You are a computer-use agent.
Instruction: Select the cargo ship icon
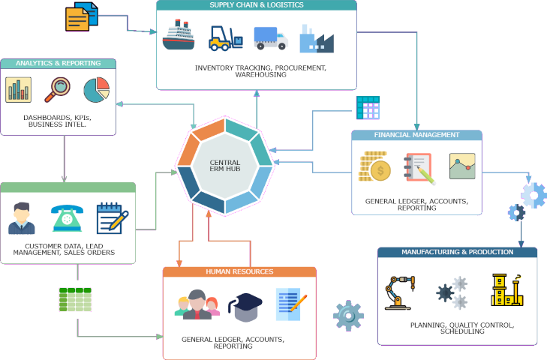click(x=179, y=36)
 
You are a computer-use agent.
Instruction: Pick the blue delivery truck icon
click(x=270, y=37)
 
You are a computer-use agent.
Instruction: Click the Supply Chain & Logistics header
click(x=257, y=5)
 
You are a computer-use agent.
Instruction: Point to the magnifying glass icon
click(x=57, y=89)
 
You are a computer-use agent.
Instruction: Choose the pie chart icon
click(x=96, y=90)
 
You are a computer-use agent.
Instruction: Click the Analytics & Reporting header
click(x=58, y=64)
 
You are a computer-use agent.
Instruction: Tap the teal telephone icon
click(x=66, y=218)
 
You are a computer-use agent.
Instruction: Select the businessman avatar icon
click(x=22, y=218)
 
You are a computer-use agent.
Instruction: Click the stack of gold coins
click(x=373, y=166)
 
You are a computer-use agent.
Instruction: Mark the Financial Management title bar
click(x=416, y=135)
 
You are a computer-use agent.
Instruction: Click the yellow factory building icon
click(x=506, y=290)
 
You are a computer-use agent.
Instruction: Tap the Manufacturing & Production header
click(x=457, y=252)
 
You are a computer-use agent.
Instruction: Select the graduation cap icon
click(x=245, y=305)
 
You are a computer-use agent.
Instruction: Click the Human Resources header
click(x=239, y=271)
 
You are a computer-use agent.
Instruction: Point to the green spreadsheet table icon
click(x=75, y=299)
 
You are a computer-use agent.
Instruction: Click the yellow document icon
click(x=78, y=18)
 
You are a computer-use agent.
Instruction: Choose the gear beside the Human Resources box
click(x=348, y=316)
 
